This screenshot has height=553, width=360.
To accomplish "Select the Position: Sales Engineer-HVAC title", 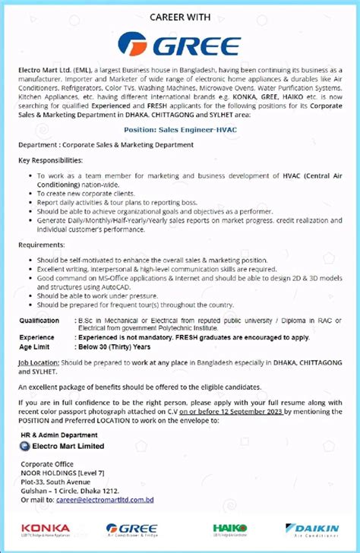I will click(x=180, y=129).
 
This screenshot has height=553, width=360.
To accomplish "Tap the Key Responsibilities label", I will click(x=51, y=161).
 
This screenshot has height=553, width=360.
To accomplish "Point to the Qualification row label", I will click(x=39, y=321).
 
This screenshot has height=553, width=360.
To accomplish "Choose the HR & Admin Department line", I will click(x=59, y=436).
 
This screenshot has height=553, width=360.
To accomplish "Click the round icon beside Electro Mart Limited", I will click(x=25, y=447).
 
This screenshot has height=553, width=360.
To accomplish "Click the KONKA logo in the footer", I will click(x=46, y=529).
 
